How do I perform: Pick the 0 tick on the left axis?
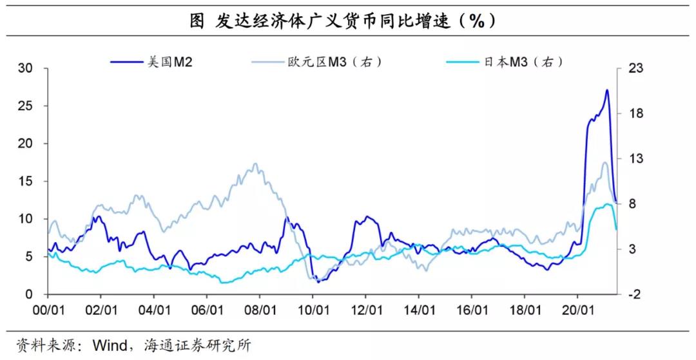tap(28, 294)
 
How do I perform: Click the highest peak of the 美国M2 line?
tap(607, 90)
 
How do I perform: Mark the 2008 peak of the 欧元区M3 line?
tap(255, 164)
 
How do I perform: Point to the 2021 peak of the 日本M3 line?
tap(608, 205)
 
